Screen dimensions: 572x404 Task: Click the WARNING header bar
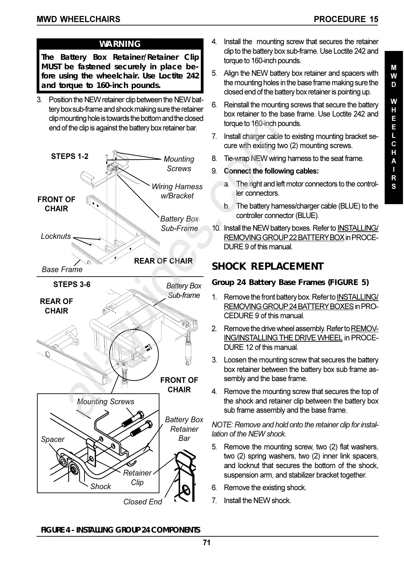120,44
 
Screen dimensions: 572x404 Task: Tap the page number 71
207,542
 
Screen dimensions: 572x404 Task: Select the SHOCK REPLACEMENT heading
268,266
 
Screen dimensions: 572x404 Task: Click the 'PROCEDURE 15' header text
346,19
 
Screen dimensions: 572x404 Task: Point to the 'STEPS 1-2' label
70,156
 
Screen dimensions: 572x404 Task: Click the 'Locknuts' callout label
56,236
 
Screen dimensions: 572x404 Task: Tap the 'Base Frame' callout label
62,269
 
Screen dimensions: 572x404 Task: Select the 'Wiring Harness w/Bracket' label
177,191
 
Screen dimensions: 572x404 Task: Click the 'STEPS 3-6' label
72,284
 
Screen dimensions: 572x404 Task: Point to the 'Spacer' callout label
53,439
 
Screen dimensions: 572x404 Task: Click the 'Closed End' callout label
142,502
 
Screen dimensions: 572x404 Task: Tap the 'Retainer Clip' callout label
137,478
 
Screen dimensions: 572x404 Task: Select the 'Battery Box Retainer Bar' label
184,429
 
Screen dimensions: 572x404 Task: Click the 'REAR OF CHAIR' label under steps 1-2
163,261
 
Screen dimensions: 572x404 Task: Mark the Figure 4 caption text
120,530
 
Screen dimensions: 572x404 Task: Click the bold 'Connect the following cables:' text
271,171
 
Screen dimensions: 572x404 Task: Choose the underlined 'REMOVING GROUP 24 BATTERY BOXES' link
289,306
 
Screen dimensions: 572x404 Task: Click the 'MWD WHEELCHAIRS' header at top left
78,19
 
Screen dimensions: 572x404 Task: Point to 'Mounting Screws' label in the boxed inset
105,401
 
